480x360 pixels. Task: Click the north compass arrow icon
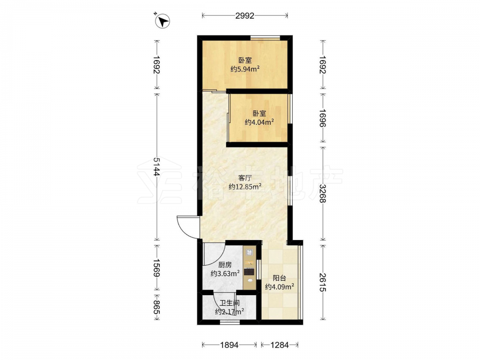(x=163, y=21)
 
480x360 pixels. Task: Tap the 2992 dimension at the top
(x=245, y=16)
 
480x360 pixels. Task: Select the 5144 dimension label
(x=157, y=168)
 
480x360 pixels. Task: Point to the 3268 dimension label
(x=323, y=194)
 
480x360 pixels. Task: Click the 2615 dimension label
(x=323, y=282)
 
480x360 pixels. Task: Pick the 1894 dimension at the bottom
(x=229, y=345)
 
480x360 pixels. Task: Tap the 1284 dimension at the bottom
(x=279, y=345)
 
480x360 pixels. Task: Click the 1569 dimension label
(x=157, y=267)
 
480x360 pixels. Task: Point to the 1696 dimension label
(x=323, y=118)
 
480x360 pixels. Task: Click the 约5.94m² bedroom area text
(x=245, y=69)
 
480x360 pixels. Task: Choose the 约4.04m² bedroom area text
(x=259, y=122)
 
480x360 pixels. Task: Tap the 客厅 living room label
(x=245, y=178)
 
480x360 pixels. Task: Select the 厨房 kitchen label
(x=225, y=265)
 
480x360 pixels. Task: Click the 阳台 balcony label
(x=279, y=278)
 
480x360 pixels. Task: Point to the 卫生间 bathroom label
(x=229, y=303)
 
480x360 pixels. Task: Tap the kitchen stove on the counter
(x=250, y=271)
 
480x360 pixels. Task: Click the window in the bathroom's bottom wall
(x=229, y=323)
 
